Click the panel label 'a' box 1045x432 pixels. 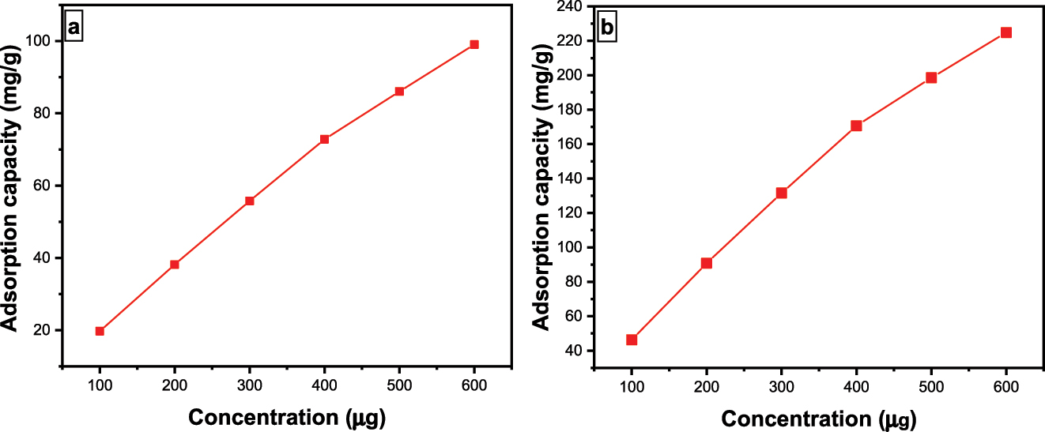(x=74, y=28)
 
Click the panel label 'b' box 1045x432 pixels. (x=607, y=28)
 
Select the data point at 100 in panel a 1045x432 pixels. (x=100, y=331)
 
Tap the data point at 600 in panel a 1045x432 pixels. (x=474, y=44)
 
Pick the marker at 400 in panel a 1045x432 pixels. (x=324, y=139)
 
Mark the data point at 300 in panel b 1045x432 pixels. (x=781, y=193)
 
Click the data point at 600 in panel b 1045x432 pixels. (x=1006, y=32)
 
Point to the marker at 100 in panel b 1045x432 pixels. (x=632, y=340)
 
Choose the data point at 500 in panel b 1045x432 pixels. (x=931, y=77)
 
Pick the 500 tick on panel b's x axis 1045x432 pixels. (x=931, y=387)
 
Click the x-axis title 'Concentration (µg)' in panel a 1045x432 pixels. (x=287, y=416)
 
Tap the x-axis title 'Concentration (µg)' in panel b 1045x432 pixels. (x=819, y=418)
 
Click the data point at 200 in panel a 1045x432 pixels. (x=175, y=265)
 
